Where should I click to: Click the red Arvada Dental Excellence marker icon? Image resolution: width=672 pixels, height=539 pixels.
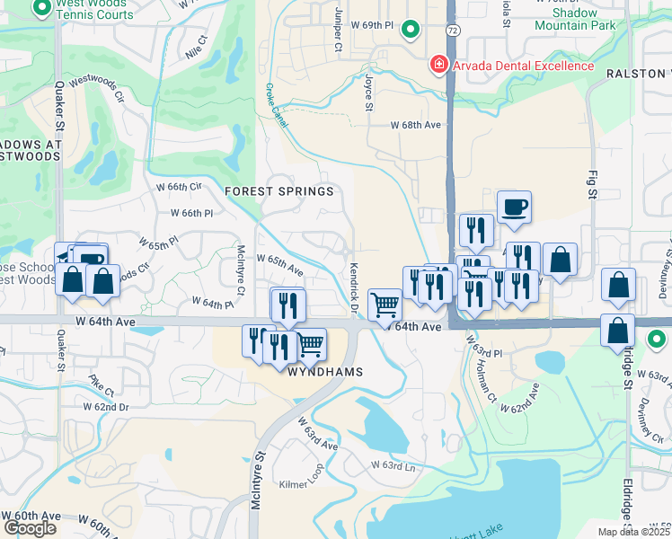(x=438, y=65)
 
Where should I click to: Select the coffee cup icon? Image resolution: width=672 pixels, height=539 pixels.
(x=514, y=207)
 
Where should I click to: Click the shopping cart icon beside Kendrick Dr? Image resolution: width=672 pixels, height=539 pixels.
(x=385, y=304)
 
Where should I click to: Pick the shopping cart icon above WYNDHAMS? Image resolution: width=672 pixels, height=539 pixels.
(x=311, y=342)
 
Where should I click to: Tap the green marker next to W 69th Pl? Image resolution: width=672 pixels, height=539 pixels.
(x=410, y=30)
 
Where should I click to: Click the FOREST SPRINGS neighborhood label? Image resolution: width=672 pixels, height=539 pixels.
(x=279, y=191)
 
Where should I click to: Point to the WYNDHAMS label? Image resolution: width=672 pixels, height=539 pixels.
(x=324, y=371)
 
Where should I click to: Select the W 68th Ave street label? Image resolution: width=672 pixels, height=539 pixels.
(x=418, y=126)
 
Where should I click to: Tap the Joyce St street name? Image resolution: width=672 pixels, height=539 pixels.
(x=368, y=93)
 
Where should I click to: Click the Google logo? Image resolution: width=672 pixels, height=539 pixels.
(x=30, y=527)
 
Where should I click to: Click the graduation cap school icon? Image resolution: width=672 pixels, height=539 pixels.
(x=66, y=255)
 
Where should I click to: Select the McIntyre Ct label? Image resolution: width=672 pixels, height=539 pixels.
(x=240, y=269)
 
